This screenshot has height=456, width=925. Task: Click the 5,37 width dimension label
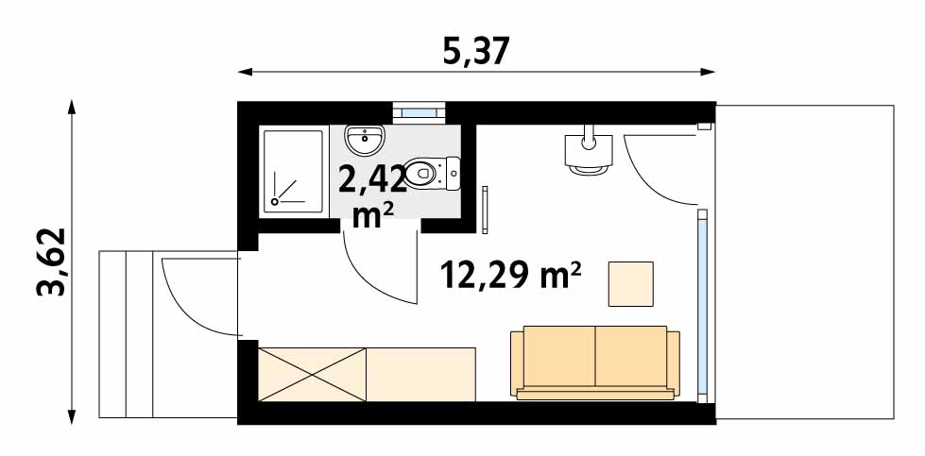(x=475, y=52)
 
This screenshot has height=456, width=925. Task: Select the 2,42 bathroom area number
(x=371, y=179)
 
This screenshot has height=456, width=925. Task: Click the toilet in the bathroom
(x=434, y=173)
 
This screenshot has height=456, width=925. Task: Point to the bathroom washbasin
(x=365, y=140)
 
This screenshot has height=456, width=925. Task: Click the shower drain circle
(x=274, y=201)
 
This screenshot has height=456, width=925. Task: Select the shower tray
(x=293, y=172)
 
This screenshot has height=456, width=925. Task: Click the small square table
(x=630, y=284)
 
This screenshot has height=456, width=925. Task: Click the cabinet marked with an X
(x=312, y=375)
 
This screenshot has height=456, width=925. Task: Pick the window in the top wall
(x=419, y=112)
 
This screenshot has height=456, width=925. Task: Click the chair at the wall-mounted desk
(x=588, y=170)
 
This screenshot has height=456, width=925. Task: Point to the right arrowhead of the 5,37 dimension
(x=708, y=72)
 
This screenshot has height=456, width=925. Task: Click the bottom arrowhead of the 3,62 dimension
(x=72, y=417)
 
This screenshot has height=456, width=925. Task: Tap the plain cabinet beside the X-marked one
(x=420, y=375)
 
